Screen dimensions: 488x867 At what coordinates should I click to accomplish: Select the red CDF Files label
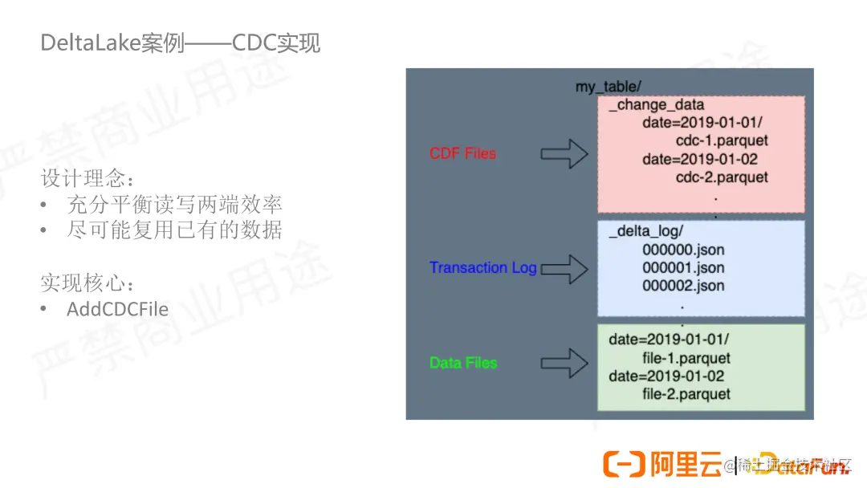coord(463,153)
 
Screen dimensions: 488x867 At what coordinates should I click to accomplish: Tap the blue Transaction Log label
coord(482,267)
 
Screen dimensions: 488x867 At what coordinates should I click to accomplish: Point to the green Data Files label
coord(463,363)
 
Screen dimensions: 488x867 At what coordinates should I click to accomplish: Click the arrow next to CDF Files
coord(564,153)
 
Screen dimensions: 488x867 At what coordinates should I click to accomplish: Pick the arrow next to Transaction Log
coord(564,268)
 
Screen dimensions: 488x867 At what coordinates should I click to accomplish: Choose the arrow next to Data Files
coord(564,363)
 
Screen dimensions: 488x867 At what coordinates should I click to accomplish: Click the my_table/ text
coord(608,87)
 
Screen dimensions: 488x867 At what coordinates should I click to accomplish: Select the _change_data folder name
coord(656,105)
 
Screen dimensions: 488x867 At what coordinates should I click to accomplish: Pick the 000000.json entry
coord(683,250)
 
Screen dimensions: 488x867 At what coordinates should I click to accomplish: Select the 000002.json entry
coord(683,286)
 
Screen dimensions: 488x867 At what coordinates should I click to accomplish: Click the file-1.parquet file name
coord(686,358)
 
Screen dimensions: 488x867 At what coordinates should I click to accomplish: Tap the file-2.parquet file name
coord(686,394)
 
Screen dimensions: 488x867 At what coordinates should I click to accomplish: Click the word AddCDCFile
coord(117,309)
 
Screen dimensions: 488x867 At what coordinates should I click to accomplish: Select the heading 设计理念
coord(88,177)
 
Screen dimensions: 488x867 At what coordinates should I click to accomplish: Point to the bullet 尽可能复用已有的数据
coord(174,230)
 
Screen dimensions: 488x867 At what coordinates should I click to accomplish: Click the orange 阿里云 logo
coord(662,464)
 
